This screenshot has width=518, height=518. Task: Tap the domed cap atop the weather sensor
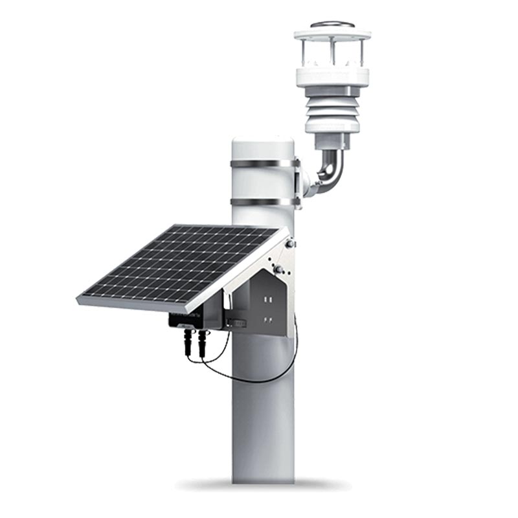pos(332,25)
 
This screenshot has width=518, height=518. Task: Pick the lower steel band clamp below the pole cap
pos(264,201)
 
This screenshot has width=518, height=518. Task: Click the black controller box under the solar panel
pos(194,319)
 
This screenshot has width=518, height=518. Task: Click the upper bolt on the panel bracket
pos(291,243)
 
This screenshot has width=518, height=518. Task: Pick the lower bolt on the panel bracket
pos(279,267)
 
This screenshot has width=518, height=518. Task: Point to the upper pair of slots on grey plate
pos(267,299)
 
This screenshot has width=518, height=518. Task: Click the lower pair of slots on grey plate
pos(267,320)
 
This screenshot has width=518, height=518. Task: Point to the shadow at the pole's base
pos(262,484)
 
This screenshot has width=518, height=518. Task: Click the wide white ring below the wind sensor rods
pos(332,76)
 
